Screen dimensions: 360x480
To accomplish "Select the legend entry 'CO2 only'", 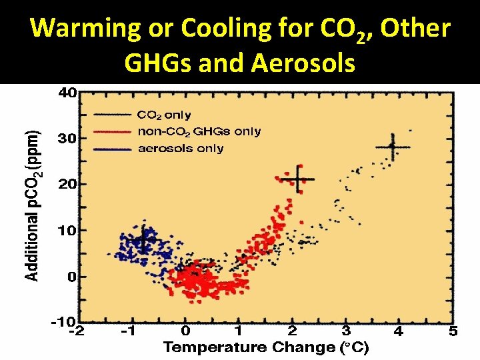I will click(x=164, y=115).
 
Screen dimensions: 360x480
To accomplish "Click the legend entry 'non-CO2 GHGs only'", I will click(x=199, y=131).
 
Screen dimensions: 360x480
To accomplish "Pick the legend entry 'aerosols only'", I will click(x=181, y=148).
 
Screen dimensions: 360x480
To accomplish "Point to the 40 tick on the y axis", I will click(x=67, y=93).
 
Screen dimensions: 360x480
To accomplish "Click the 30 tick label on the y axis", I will click(x=67, y=139).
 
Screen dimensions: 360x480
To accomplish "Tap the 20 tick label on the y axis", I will click(x=67, y=184).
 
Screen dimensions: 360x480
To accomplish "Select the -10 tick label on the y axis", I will click(x=64, y=321).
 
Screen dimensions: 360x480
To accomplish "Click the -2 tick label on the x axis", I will click(x=78, y=331).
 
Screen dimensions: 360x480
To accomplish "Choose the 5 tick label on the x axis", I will click(x=453, y=331).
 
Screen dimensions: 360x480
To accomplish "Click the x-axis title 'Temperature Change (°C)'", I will click(x=266, y=347).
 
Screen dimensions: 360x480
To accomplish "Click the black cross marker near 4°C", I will click(x=393, y=147).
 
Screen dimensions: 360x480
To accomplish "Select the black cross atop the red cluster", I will click(x=297, y=179).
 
